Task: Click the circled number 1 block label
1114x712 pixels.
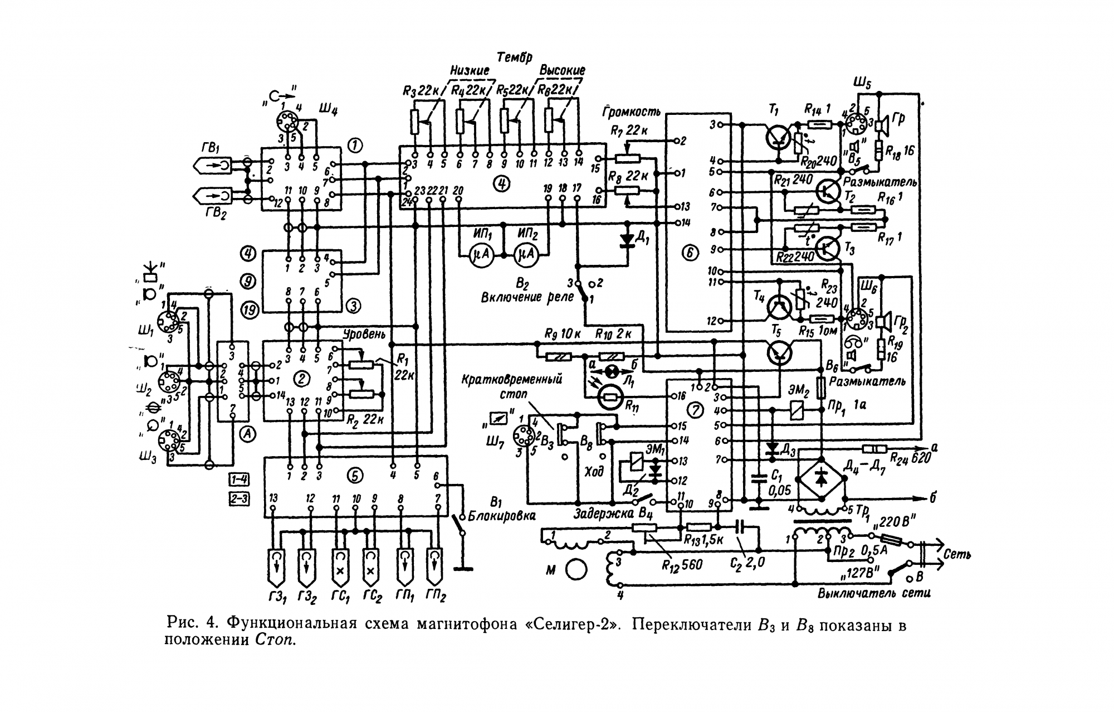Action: click(355, 146)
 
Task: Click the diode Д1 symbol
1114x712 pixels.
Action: click(628, 240)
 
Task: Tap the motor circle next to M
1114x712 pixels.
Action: click(576, 569)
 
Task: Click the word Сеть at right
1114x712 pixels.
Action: click(957, 555)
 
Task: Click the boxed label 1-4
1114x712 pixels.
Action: click(239, 478)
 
